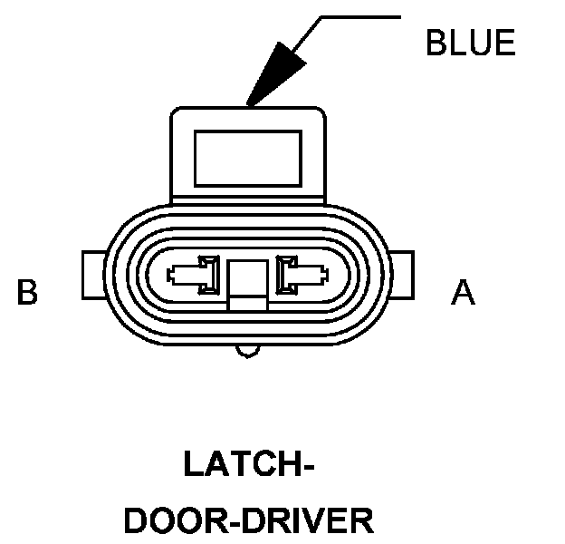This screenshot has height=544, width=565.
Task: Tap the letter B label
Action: [x=28, y=293]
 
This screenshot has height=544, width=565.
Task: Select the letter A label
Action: [x=463, y=293]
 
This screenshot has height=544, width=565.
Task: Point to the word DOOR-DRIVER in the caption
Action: [x=248, y=521]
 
